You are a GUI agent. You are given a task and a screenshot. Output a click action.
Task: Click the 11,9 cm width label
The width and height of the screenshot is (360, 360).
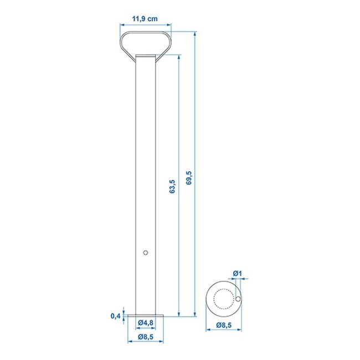point(145,19)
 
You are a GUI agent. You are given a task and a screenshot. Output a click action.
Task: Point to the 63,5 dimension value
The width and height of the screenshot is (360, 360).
point(173,187)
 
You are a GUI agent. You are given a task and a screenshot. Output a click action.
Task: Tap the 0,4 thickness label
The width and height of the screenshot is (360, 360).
point(115,316)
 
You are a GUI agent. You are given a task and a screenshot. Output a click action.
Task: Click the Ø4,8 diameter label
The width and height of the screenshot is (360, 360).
point(146,322)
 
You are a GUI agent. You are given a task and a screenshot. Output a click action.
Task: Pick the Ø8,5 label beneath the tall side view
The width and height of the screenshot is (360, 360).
point(146,336)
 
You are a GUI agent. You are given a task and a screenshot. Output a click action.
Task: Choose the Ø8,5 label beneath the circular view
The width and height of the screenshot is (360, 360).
point(224,325)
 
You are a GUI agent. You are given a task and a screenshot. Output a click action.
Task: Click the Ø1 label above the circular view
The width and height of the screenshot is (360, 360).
point(237,273)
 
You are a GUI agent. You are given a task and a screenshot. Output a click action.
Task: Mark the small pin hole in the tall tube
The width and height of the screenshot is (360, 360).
point(145,253)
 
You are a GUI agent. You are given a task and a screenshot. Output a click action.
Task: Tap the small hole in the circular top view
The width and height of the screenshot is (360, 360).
point(238,299)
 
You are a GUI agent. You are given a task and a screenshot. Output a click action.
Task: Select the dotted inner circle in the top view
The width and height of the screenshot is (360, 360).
point(224,299)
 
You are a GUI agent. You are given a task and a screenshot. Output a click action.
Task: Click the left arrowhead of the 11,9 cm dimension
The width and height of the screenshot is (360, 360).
point(122,25)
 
